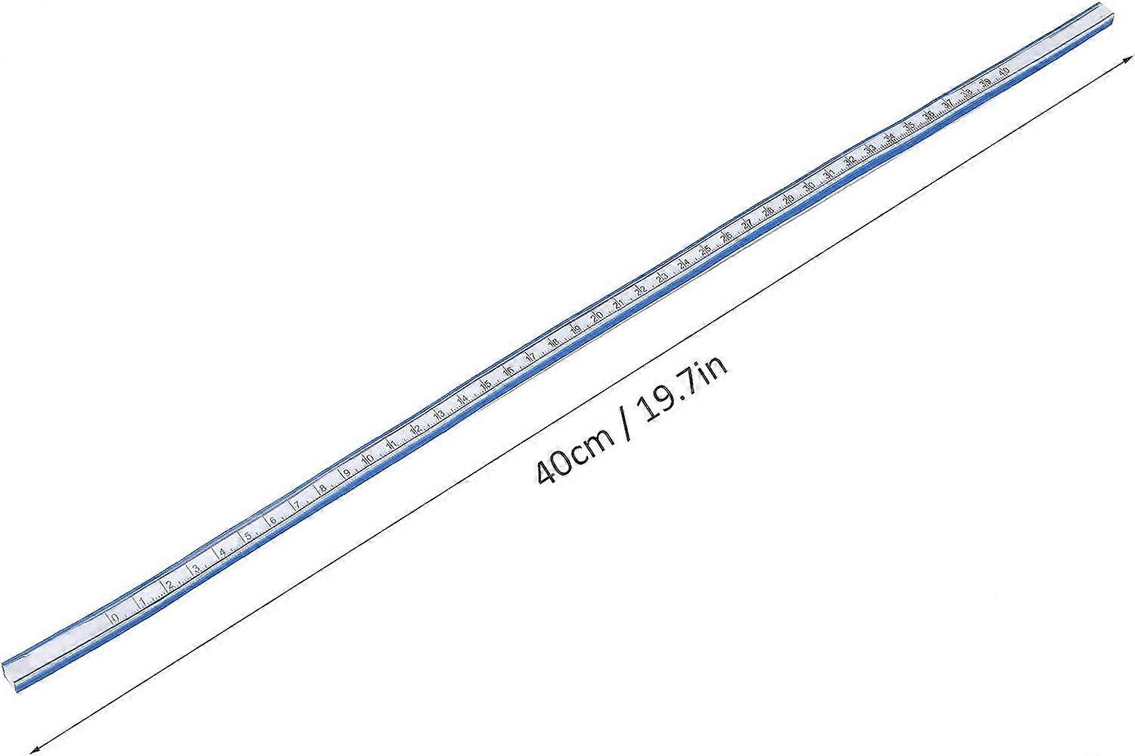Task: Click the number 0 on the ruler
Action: pos(114,618)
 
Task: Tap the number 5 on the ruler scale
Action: pos(248,537)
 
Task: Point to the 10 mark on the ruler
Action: pos(368,460)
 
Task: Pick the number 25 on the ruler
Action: pos(705,249)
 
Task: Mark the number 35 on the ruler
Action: pos(910,126)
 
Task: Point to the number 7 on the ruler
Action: pos(297,506)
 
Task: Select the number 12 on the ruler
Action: pos(415,430)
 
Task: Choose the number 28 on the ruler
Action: pos(769,210)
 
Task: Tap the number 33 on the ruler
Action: pos(871,149)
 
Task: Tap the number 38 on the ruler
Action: pos(968,93)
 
